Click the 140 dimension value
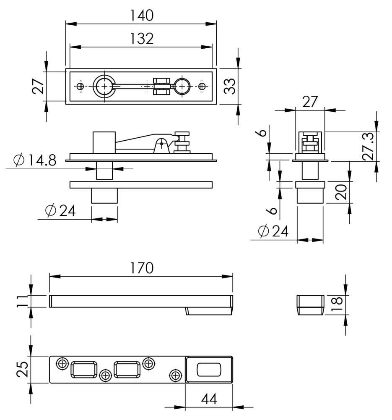pyautogui.click(x=141, y=15)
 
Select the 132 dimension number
pyautogui.click(x=141, y=39)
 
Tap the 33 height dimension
pyautogui.click(x=230, y=86)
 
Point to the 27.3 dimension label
pyautogui.click(x=369, y=147)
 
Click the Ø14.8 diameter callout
pyautogui.click(x=35, y=160)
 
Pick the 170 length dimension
pyautogui.click(x=141, y=268)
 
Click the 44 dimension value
pyautogui.click(x=209, y=399)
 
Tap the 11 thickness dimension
pyautogui.click(x=23, y=301)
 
